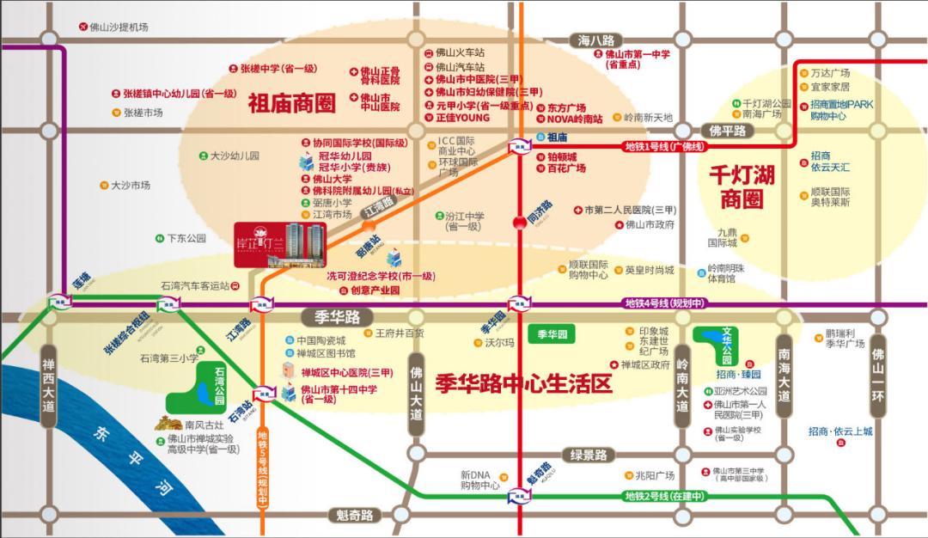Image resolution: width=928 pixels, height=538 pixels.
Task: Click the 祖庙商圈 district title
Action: pyautogui.click(x=291, y=105)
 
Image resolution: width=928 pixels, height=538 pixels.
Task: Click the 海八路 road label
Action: pyautogui.click(x=596, y=40)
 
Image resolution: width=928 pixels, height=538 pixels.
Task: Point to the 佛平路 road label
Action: pyautogui.click(x=728, y=131)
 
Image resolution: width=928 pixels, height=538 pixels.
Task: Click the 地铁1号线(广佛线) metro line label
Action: pyautogui.click(x=663, y=146)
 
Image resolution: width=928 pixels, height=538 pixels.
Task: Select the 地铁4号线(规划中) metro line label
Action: pyautogui.click(x=664, y=303)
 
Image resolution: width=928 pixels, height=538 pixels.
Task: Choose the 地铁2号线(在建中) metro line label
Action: pyautogui.click(x=664, y=496)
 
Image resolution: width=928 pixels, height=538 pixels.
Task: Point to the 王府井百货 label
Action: pyautogui.click(x=400, y=333)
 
